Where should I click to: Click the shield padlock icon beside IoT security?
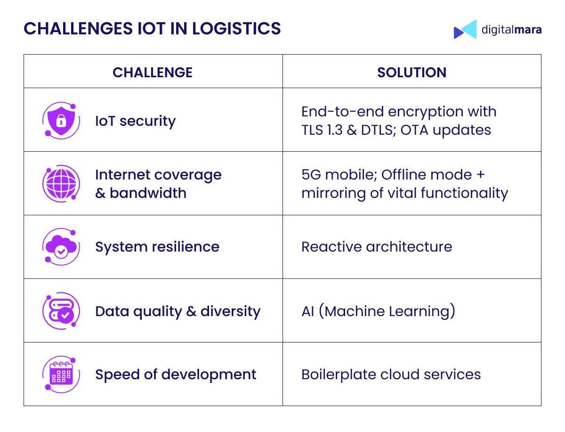[61, 121]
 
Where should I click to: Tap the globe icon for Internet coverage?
[61, 184]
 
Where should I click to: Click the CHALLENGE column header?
[153, 72]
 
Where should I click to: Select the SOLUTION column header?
[412, 72]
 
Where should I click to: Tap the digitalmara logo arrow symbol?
[465, 29]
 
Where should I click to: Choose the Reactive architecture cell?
[376, 247]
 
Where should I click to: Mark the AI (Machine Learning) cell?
[378, 311]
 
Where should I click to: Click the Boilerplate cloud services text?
[391, 375]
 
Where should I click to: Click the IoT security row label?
[135, 121]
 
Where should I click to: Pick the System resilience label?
[157, 247]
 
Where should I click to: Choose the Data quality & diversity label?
[178, 311]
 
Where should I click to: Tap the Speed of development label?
[176, 375]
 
